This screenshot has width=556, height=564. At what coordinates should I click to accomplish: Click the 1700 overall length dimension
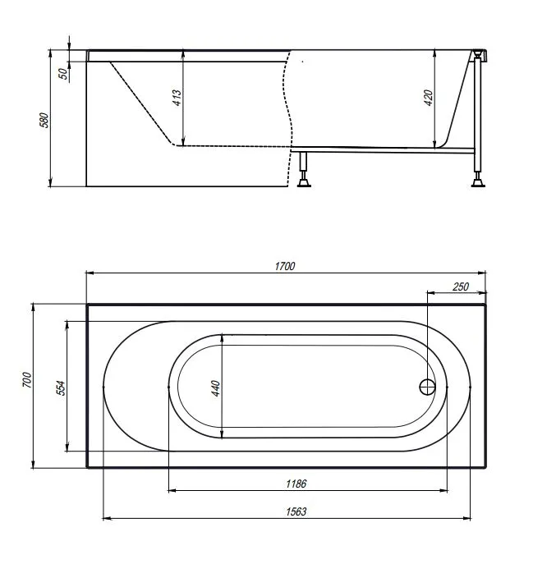pos(285,267)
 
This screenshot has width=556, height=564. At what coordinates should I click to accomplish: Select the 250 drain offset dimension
pos(461,287)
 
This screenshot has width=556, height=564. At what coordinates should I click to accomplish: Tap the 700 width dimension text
pos(27,380)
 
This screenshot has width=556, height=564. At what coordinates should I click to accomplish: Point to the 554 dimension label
pos(62,388)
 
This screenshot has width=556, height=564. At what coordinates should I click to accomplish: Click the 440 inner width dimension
pos(215,388)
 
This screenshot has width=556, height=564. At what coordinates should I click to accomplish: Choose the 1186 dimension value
pos(296,484)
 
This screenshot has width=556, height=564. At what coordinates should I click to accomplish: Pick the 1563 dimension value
pos(296,511)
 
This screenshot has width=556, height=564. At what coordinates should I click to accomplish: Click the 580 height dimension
pos(44,120)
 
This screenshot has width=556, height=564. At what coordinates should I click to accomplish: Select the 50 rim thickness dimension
pos(63,74)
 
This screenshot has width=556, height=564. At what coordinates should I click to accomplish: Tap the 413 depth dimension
pos(177,98)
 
